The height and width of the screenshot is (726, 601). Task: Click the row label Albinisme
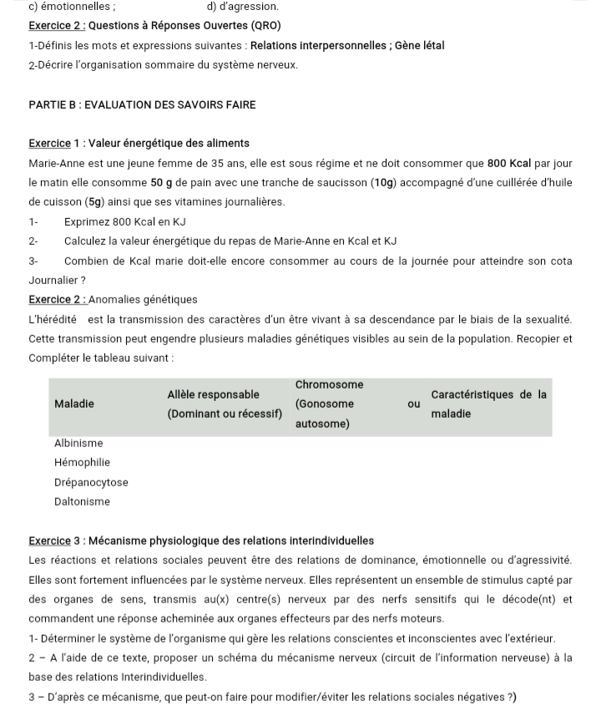[x=78, y=443]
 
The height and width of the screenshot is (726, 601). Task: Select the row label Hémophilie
[x=82, y=462]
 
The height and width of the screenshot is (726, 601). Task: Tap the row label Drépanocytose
[x=91, y=482]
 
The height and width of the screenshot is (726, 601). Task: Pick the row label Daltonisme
[x=82, y=501]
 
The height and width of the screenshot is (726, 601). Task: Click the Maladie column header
[x=73, y=404]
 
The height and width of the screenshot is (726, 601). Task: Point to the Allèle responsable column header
[x=213, y=394]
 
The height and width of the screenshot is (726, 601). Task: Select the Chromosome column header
[x=329, y=384]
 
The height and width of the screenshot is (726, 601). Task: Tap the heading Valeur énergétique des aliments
[x=169, y=144]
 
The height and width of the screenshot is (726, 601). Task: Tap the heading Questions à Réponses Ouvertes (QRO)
[x=179, y=26]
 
